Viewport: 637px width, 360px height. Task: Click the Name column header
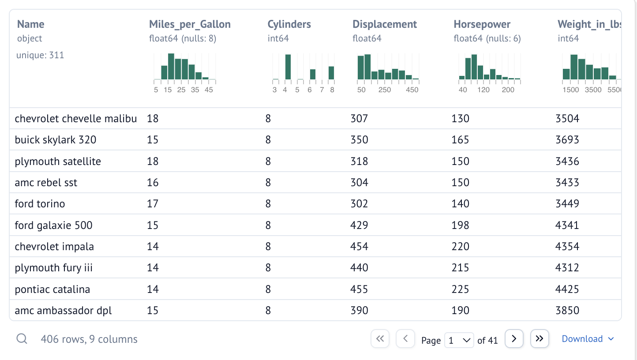tap(31, 24)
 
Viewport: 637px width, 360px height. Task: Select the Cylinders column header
tap(289, 24)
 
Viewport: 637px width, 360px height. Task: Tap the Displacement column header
tap(385, 24)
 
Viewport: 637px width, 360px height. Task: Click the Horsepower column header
tap(482, 24)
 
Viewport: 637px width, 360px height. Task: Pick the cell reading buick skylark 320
tap(56, 140)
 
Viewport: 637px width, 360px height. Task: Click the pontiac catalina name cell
tap(52, 289)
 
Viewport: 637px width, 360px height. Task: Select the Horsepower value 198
tap(461, 225)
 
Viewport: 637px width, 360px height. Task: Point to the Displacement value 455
tap(359, 289)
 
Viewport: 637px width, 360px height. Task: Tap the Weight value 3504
tap(567, 118)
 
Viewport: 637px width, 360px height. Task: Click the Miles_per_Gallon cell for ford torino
tap(153, 204)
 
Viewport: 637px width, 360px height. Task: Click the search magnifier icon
tap(22, 339)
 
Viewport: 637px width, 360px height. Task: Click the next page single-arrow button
tap(514, 339)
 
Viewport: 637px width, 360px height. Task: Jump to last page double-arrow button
tap(539, 339)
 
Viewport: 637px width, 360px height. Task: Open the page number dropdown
tap(459, 340)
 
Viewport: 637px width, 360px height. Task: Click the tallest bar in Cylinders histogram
tap(288, 67)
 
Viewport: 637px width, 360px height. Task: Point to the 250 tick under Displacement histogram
tap(385, 90)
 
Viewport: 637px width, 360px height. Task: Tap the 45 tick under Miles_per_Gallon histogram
tap(209, 90)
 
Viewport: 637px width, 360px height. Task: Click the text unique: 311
tap(40, 55)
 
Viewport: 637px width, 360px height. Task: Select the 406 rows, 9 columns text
tap(89, 339)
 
